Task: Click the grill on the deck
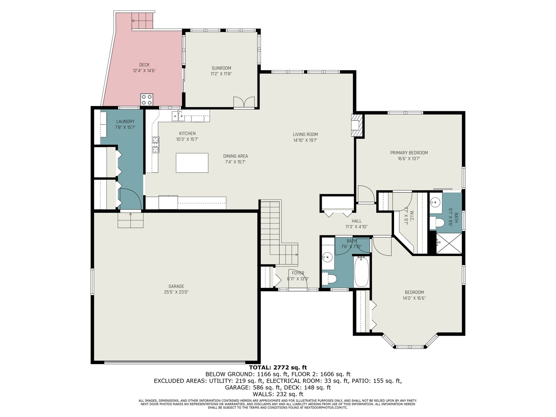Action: tap(147, 99)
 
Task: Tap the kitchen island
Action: tap(192, 163)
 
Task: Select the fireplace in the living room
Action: tap(357, 125)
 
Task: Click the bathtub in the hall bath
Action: tap(361, 272)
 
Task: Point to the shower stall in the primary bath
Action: tap(449, 243)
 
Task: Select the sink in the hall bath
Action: tap(328, 257)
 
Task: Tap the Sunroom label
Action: tap(221, 68)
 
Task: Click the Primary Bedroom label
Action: tap(409, 153)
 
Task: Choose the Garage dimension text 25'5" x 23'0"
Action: tap(176, 292)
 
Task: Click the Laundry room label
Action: tap(125, 122)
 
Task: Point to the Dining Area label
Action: tap(235, 156)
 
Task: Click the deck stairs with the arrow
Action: tap(142, 21)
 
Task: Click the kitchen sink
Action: tap(178, 116)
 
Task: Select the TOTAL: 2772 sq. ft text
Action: tap(278, 367)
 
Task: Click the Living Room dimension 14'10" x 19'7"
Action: tap(305, 140)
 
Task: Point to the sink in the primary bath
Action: tap(435, 202)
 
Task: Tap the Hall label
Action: tap(357, 221)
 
